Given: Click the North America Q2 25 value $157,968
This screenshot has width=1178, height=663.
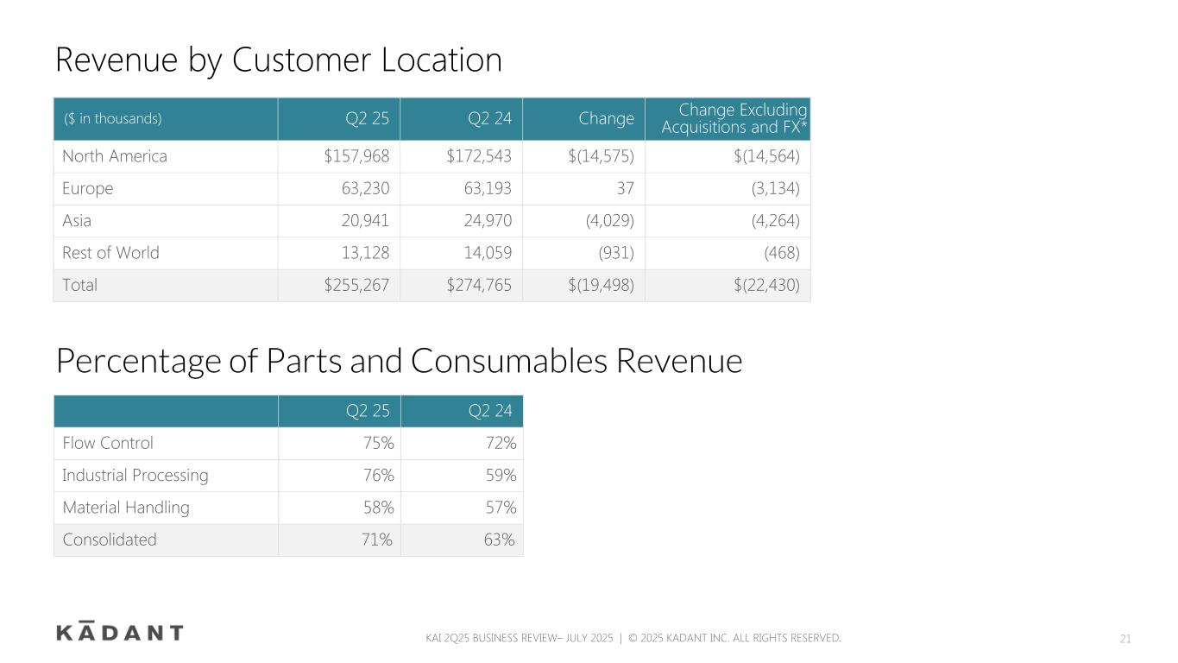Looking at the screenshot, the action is tap(356, 156).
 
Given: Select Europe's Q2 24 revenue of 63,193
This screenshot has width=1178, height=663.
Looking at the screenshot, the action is tap(488, 188).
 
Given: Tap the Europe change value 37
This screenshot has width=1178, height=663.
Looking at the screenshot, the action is tap(626, 188).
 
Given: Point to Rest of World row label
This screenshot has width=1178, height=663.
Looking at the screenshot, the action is tap(110, 253).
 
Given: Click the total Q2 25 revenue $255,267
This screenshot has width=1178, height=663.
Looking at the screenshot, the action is tap(356, 285).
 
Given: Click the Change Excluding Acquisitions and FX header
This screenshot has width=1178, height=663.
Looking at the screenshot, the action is tap(734, 118).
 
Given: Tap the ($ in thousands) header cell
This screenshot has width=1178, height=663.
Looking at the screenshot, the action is tap(112, 118).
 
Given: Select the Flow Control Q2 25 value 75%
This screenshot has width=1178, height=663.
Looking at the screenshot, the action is tap(379, 443).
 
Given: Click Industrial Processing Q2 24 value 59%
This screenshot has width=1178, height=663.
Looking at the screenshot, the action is tap(501, 475).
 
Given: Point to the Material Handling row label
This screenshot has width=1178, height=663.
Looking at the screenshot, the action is tap(126, 508).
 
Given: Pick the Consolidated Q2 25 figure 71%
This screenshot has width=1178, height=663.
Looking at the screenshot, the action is tap(376, 540).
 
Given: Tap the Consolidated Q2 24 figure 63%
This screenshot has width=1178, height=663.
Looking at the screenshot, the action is tap(499, 540).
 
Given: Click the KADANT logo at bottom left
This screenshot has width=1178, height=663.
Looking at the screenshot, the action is tap(120, 631).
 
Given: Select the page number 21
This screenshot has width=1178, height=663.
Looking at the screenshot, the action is tap(1124, 639).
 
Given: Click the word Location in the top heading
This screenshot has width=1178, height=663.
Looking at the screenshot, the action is tap(442, 60).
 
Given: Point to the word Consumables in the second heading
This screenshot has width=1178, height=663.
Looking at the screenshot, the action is tap(509, 361).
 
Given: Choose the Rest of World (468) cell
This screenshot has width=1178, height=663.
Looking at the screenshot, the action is tap(782, 253).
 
